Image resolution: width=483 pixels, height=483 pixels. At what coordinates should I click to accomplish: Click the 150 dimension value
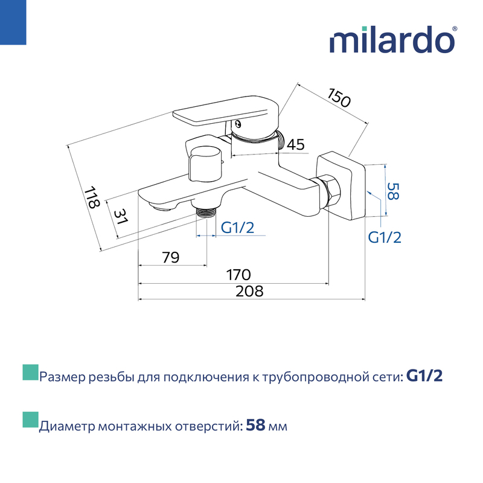tap(339, 98)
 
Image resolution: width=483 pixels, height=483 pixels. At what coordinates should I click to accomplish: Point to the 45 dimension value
tap(295, 144)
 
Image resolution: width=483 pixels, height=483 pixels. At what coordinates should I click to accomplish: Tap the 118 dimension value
tap(92, 197)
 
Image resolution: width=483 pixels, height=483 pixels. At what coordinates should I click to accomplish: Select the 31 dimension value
tap(120, 217)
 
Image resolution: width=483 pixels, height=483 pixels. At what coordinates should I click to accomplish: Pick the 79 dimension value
tap(170, 257)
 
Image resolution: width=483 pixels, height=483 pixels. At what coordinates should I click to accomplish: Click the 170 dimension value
tap(238, 275)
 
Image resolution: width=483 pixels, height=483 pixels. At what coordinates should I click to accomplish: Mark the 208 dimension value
tap(249, 291)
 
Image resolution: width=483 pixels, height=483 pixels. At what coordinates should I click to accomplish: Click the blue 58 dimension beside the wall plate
tap(393, 191)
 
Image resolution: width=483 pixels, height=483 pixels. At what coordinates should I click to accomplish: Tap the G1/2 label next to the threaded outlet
tap(237, 228)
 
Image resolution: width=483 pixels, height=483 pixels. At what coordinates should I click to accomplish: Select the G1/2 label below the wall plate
tap(385, 237)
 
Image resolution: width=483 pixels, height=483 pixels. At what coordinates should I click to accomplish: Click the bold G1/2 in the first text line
tap(424, 376)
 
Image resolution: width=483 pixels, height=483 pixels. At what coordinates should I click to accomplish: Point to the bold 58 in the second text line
tap(255, 426)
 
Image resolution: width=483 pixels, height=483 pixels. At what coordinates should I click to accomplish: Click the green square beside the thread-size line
tap(31, 373)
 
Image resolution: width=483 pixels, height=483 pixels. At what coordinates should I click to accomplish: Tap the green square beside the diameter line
tap(31, 420)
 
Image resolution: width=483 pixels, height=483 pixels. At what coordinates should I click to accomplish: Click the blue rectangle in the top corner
tap(13, 22)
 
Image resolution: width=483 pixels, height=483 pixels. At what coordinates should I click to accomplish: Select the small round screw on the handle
tap(238, 124)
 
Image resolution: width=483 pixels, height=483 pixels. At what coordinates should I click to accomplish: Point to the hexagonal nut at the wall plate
tap(331, 192)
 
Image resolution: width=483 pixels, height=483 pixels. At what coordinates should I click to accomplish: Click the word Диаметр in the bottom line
tap(67, 426)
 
